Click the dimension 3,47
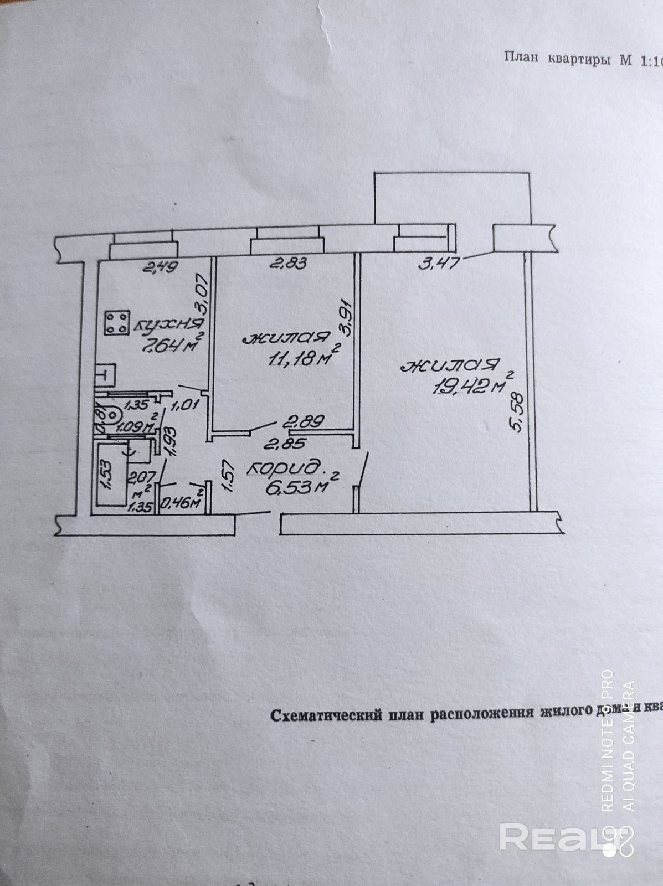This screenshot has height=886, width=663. pos(439,262)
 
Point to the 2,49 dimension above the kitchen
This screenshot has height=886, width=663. pos(160,268)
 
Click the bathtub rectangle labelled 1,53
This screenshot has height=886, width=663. pos(109,476)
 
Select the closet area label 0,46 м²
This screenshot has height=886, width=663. pos(180,502)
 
